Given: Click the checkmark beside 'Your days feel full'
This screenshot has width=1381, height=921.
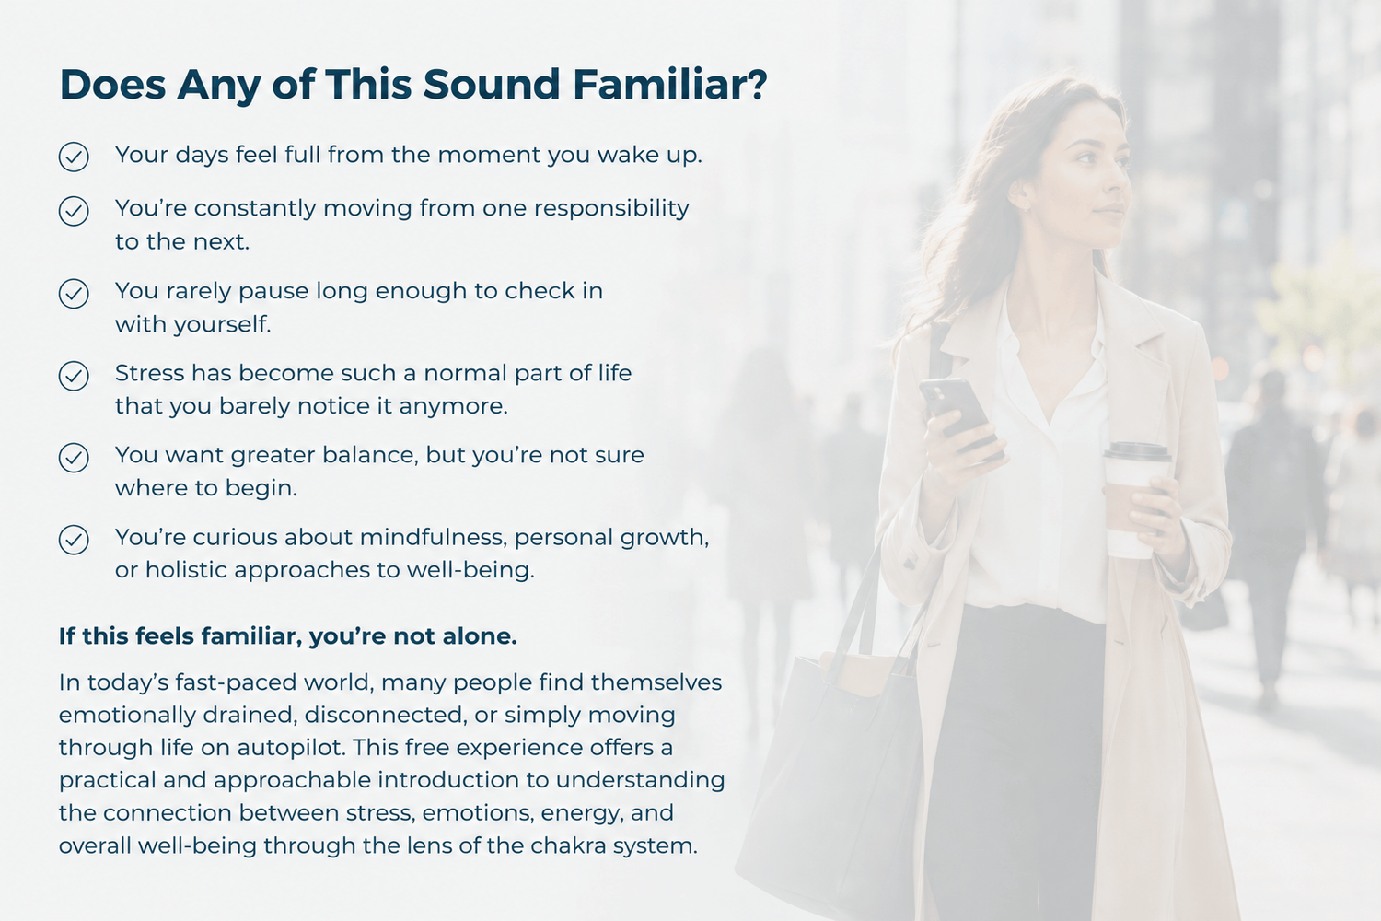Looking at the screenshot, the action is tap(74, 157).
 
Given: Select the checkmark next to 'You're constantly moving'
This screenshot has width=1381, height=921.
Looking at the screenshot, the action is tap(74, 211).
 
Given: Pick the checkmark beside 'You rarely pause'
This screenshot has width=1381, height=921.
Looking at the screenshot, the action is tap(74, 293).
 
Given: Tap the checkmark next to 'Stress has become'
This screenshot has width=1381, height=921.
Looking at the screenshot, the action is tap(74, 376).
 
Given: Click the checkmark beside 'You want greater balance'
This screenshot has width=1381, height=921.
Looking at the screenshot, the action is tap(74, 458).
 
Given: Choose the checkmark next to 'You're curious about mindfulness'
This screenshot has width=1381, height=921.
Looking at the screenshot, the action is tap(74, 540).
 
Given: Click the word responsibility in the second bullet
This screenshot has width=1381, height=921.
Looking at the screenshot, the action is tap(611, 210).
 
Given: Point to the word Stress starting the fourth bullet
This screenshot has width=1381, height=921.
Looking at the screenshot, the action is tap(150, 373).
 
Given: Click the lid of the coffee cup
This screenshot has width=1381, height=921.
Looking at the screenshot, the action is tap(1137, 452).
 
